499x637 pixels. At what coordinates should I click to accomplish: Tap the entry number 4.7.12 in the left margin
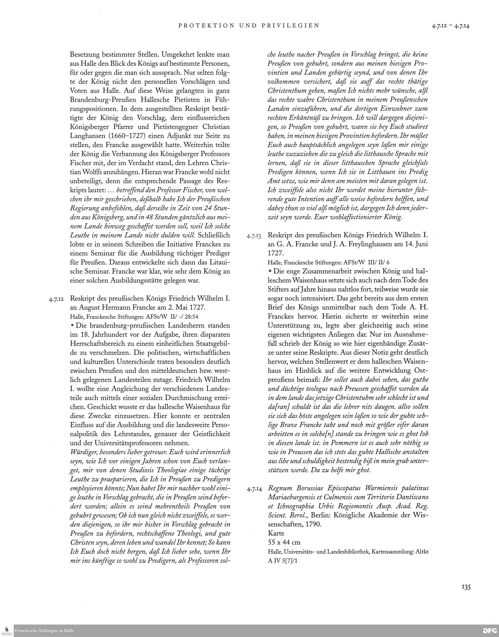[58, 299]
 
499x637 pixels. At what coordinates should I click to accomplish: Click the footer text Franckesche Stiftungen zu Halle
[44, 631]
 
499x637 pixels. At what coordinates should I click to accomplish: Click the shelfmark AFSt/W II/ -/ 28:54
[172, 316]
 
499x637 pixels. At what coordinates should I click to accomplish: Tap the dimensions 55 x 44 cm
[284, 543]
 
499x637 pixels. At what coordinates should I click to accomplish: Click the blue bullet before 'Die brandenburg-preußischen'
[72, 325]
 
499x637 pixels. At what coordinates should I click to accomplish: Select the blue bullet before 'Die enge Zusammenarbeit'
[270, 271]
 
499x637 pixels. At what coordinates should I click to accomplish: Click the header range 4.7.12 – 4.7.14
[451, 26]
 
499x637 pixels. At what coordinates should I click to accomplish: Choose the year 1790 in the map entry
[313, 524]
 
